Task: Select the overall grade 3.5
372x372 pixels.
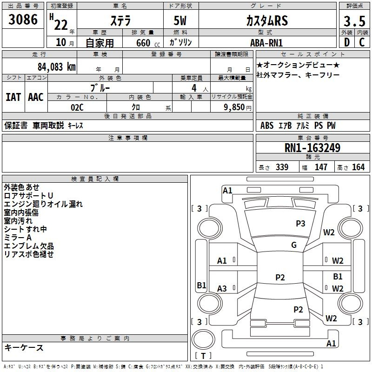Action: coord(353,21)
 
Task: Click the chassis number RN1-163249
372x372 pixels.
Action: coord(312,148)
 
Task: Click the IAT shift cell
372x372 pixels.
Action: coord(13,97)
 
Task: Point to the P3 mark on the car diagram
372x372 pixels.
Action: coord(300,224)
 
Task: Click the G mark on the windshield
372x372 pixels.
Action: coord(293,245)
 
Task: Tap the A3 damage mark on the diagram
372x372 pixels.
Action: coord(222,289)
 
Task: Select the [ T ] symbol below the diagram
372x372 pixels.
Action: coord(203,356)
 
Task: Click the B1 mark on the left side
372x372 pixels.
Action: coord(201,286)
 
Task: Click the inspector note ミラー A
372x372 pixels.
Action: coord(18,238)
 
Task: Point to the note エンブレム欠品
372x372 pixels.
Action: coord(29,246)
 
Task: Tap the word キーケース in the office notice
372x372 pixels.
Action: coord(24,347)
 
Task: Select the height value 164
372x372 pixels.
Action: coord(358,167)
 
